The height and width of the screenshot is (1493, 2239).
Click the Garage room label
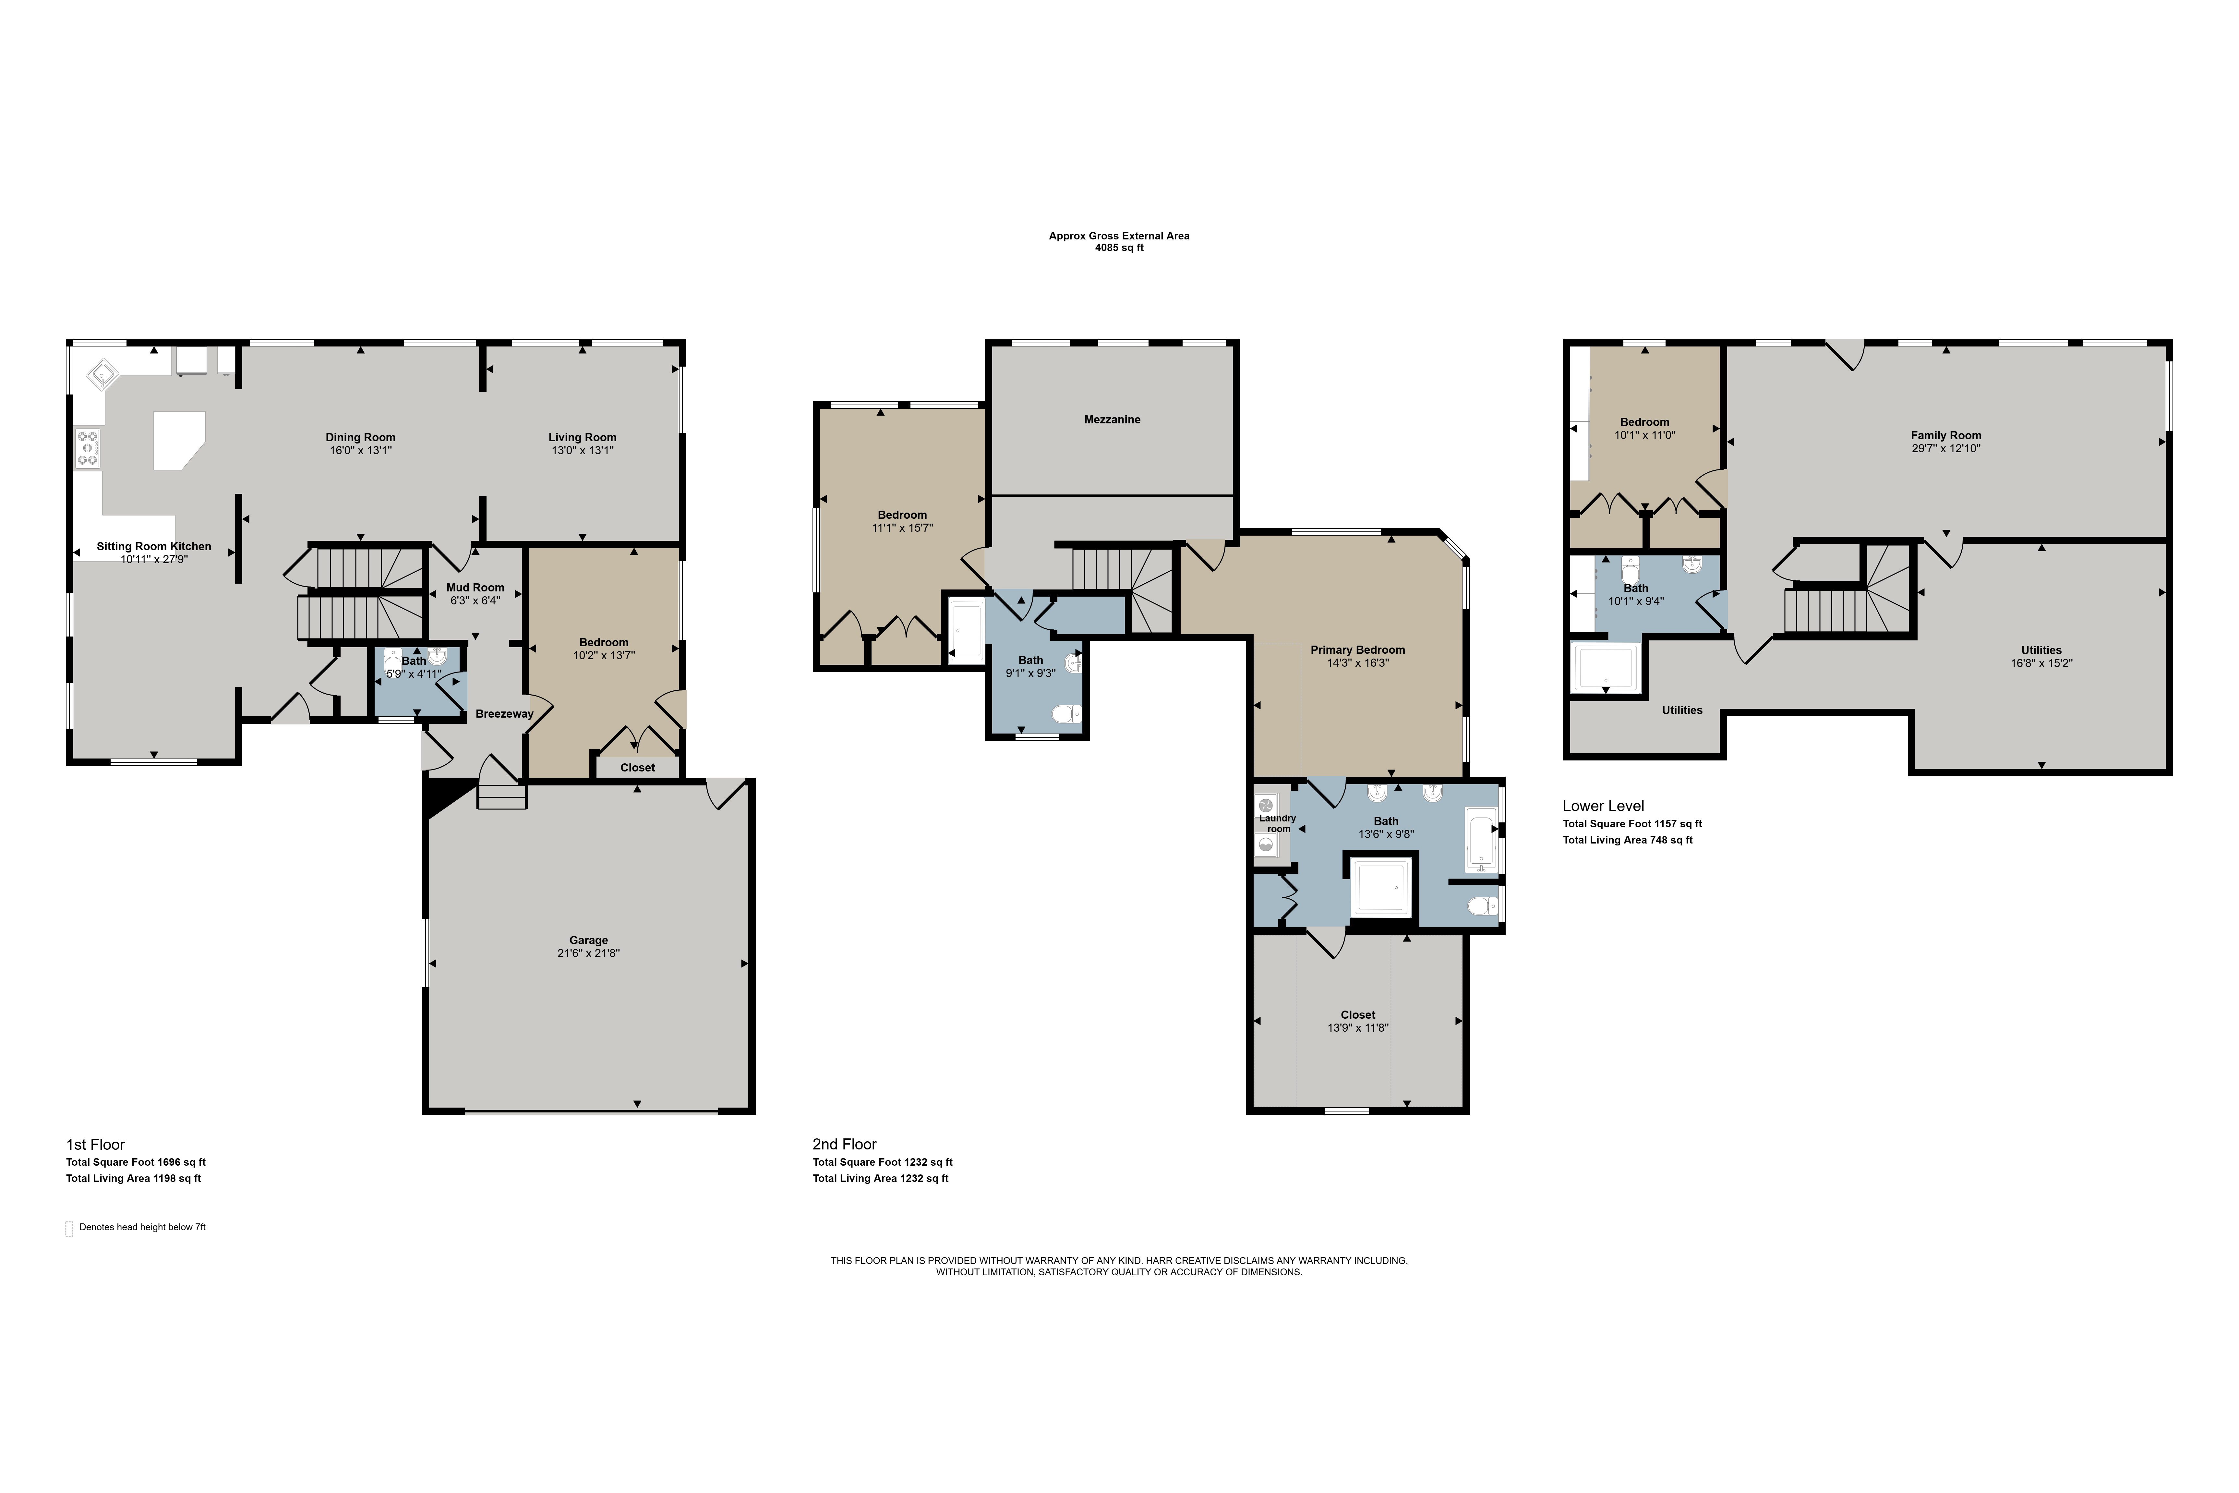(x=588, y=940)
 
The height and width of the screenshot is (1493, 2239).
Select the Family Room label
(x=1946, y=435)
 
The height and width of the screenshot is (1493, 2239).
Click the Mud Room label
(x=475, y=588)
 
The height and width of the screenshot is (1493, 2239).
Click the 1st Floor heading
(x=95, y=1145)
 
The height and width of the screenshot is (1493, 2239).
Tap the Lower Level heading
(x=1603, y=806)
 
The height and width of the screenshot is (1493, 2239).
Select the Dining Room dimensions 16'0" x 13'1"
(x=361, y=450)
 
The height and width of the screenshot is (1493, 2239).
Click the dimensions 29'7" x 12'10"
(x=1946, y=448)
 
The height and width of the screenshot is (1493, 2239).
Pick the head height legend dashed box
(x=68, y=1228)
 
